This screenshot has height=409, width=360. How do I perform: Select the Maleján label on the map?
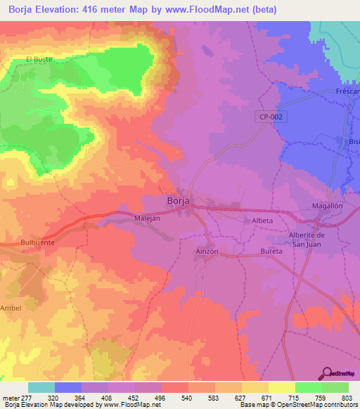[x=148, y=219]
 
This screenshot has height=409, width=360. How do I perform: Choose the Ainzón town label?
[x=208, y=251]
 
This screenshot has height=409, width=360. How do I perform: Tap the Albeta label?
[x=262, y=221]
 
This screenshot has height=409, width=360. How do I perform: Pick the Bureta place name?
[x=270, y=251]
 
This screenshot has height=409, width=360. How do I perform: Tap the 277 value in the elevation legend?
[x=27, y=397]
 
